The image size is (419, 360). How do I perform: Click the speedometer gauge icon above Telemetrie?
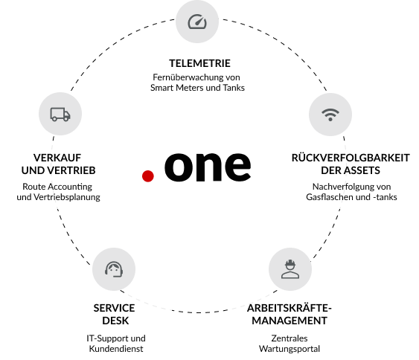[197, 22]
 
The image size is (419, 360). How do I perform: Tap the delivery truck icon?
[60, 115]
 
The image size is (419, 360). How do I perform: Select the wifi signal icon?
[330, 115]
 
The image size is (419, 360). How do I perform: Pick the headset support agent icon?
[114, 269]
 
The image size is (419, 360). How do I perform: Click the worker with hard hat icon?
[290, 269]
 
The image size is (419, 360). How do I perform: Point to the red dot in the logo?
[148, 176]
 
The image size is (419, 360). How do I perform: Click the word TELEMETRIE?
[199, 63]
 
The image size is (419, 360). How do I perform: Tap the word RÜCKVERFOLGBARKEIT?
[351, 158]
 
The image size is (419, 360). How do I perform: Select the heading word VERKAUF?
[57, 158]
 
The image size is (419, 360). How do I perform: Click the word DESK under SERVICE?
[115, 321]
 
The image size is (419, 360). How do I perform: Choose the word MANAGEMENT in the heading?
[290, 321]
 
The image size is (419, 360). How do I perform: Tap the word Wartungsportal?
[290, 349]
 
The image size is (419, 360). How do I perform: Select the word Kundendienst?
[116, 349]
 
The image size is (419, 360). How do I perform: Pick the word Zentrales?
[290, 338]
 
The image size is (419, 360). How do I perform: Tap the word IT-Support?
[104, 338]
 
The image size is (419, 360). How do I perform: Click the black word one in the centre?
[208, 166]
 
